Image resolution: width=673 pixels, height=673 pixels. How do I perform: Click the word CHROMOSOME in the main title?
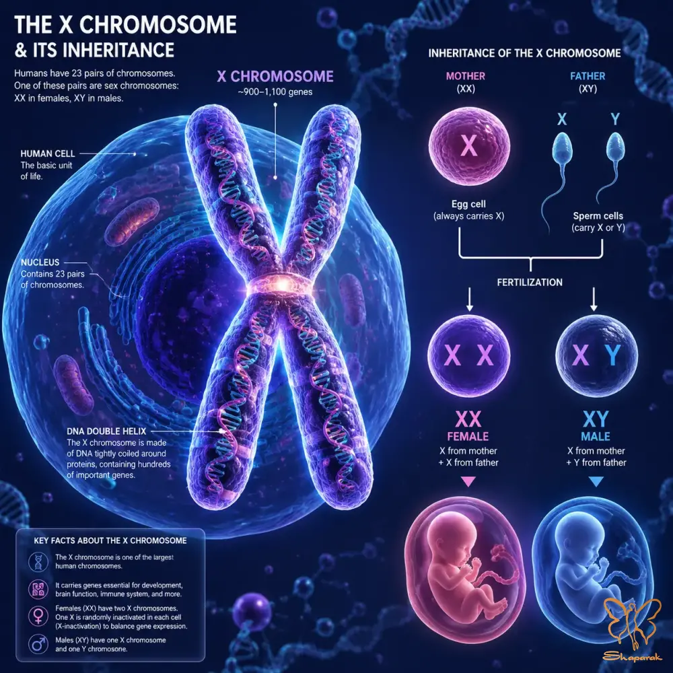coord(157,25)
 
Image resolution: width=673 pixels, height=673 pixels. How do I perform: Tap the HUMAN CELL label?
coord(48,153)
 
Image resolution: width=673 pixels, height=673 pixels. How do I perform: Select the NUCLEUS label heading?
coord(40,262)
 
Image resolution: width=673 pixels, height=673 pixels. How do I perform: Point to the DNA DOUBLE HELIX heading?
coord(106,431)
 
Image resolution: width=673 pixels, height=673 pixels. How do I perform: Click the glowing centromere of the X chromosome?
coord(280,285)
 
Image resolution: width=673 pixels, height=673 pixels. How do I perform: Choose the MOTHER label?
coord(466,76)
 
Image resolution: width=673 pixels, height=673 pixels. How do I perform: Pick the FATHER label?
coord(588,76)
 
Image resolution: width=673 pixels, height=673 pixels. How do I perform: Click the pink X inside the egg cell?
coord(468,145)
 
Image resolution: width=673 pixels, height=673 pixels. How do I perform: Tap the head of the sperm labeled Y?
coord(615,145)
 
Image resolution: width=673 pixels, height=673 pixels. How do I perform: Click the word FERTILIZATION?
coord(530,283)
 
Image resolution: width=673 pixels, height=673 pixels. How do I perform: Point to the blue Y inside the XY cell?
coord(613,355)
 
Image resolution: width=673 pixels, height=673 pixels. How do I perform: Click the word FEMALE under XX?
coord(468,437)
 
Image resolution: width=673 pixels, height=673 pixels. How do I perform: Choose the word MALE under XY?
coord(596,437)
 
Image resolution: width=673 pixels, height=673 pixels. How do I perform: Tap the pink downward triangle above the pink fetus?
coord(468,481)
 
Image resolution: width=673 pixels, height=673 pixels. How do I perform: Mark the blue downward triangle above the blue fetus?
coord(596,481)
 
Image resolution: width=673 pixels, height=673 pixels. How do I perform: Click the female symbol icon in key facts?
coord(38,616)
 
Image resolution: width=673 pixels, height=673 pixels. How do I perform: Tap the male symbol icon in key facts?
coord(38,644)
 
